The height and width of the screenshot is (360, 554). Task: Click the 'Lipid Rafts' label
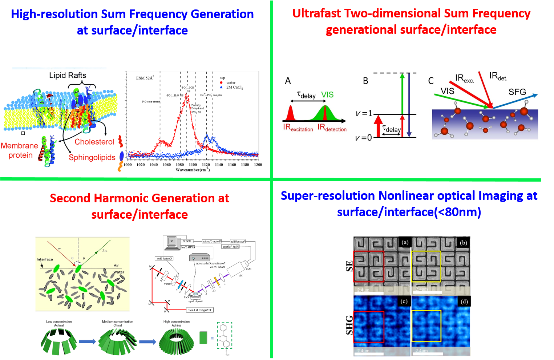coord(68,76)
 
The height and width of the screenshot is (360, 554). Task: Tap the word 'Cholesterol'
coord(94,142)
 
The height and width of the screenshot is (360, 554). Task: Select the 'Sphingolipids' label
coord(92,157)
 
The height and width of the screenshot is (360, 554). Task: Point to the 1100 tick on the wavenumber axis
coord(193,165)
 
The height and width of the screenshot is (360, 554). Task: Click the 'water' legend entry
coord(231,82)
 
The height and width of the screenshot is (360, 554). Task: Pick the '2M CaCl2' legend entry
coord(234,87)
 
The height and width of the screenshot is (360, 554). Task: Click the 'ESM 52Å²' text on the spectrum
coord(145,78)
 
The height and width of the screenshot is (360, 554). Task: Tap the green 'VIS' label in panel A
coord(327,95)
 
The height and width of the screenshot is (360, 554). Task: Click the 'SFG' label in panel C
coord(517,92)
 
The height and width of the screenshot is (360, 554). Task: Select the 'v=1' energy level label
coord(364,114)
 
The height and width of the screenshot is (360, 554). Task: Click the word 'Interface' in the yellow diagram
coord(45,259)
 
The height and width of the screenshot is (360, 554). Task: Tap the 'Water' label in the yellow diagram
coord(119,272)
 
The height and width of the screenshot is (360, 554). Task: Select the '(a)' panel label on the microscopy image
coord(405,242)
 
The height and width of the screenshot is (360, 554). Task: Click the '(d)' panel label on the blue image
coord(464,302)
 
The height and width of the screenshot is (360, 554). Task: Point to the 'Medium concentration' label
coord(117,321)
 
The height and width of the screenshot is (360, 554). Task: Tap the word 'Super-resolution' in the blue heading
coord(328,196)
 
